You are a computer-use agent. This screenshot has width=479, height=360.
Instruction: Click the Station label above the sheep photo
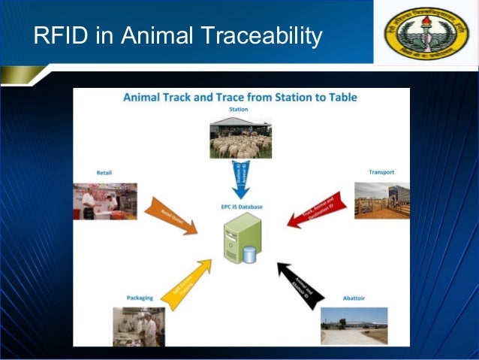tap(239, 109)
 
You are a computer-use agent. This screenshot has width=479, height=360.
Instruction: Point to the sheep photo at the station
tap(239, 137)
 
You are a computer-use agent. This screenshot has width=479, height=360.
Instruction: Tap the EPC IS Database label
tap(240, 206)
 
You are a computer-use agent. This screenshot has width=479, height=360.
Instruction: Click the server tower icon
tap(239, 238)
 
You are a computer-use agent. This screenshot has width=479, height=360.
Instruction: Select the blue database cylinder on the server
tap(249, 255)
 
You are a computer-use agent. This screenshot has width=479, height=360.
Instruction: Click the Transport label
tap(381, 172)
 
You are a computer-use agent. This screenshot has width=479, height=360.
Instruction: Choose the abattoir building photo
tap(354, 325)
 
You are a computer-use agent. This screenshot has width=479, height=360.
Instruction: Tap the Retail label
tap(104, 172)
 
